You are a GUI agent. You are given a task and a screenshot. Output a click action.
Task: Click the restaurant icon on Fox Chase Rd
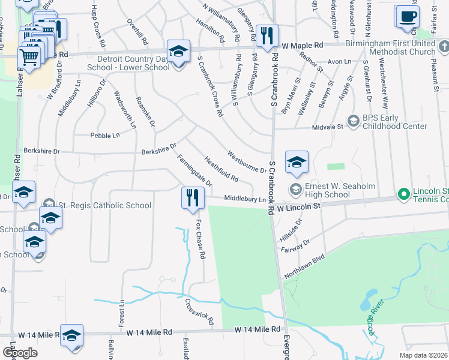[192, 198]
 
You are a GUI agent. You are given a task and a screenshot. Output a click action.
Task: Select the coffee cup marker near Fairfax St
[407, 16]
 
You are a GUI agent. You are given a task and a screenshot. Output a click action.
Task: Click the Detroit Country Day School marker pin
[178, 52]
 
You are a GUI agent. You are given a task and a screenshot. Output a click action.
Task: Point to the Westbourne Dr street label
[246, 160]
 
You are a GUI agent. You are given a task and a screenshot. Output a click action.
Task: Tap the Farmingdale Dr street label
[194, 170]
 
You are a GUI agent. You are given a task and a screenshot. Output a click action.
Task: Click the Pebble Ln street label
[104, 136]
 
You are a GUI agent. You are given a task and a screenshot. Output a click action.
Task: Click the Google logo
[20, 353]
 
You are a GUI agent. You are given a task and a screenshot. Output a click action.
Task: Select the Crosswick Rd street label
[199, 312]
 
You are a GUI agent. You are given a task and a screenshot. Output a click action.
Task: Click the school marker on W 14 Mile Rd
[72, 335]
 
